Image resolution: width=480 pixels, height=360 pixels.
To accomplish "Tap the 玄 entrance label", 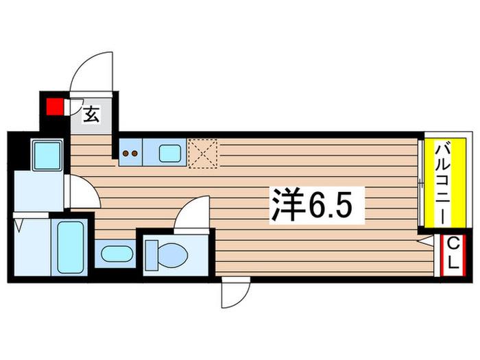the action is point(91,115).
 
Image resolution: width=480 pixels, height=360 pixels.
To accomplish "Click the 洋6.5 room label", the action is point(317,205).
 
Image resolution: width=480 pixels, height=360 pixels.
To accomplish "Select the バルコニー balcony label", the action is point(446,183).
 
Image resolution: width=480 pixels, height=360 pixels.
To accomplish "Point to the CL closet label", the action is point(453,254).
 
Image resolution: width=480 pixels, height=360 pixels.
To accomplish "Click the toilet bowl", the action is point(172,255).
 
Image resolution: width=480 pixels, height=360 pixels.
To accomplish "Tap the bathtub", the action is point(70,248).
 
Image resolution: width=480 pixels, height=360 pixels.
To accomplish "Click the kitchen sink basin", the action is point(170,153).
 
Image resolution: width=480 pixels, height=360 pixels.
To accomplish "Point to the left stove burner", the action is point(125,154).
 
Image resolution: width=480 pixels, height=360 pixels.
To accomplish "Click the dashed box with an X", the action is point(203,154).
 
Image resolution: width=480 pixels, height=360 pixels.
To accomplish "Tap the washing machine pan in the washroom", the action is point(47,155).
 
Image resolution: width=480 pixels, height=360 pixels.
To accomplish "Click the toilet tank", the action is point(152,255).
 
